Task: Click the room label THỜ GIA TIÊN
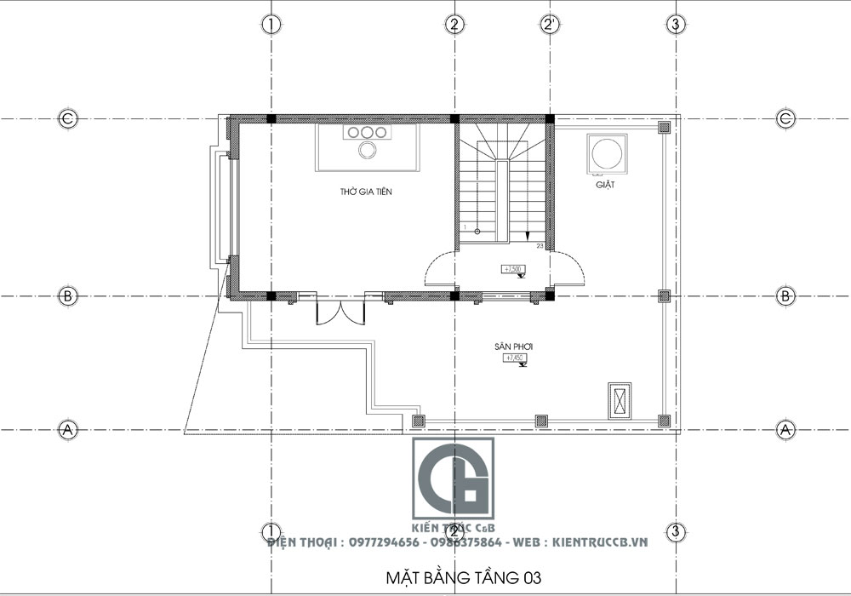click(x=366, y=192)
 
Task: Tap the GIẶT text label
click(x=606, y=184)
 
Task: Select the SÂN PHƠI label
click(x=512, y=347)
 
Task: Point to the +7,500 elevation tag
click(x=514, y=270)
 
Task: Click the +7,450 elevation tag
click(x=513, y=358)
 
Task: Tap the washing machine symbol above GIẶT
click(x=606, y=153)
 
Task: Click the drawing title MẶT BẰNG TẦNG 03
click(x=464, y=578)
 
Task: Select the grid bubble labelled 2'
click(x=549, y=25)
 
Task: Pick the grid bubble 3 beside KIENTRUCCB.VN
click(x=675, y=533)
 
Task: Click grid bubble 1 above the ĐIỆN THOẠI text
click(x=271, y=531)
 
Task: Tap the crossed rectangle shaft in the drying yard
click(x=620, y=401)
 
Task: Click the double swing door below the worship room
click(x=340, y=312)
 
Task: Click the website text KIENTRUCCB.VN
click(x=600, y=542)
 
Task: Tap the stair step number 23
click(x=540, y=245)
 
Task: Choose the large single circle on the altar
click(x=368, y=151)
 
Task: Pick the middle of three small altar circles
click(x=368, y=133)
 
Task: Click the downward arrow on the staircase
click(x=528, y=236)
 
